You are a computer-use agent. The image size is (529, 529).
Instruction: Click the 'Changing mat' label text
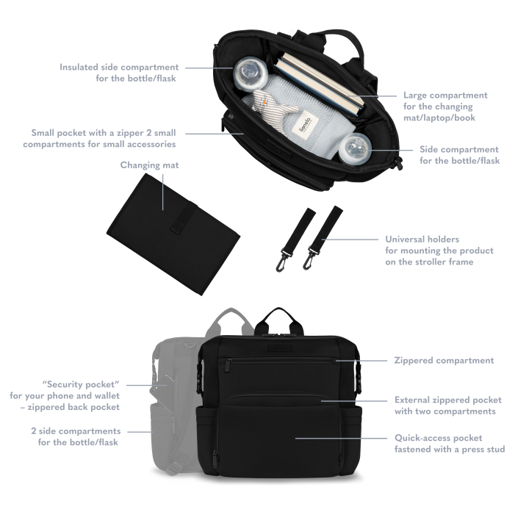click(149, 165)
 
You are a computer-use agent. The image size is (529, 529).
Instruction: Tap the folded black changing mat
click(173, 234)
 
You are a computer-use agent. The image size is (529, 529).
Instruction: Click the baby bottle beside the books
click(251, 74)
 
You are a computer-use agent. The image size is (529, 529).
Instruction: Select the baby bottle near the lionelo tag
click(355, 149)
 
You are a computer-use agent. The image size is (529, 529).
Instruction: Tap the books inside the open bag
click(319, 84)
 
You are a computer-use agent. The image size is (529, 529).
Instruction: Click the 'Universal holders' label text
click(422, 240)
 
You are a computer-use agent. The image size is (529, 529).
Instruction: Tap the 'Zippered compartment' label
click(444, 360)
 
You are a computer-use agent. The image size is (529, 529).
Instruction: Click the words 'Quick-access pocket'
click(438, 438)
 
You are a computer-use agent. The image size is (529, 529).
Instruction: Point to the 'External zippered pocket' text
click(448, 400)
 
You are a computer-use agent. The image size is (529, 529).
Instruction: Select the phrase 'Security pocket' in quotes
click(81, 384)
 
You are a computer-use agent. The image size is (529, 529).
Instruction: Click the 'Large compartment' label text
click(445, 95)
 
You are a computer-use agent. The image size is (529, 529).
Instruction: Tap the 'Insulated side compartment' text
click(119, 67)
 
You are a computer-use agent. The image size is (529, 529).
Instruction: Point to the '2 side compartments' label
click(76, 431)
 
